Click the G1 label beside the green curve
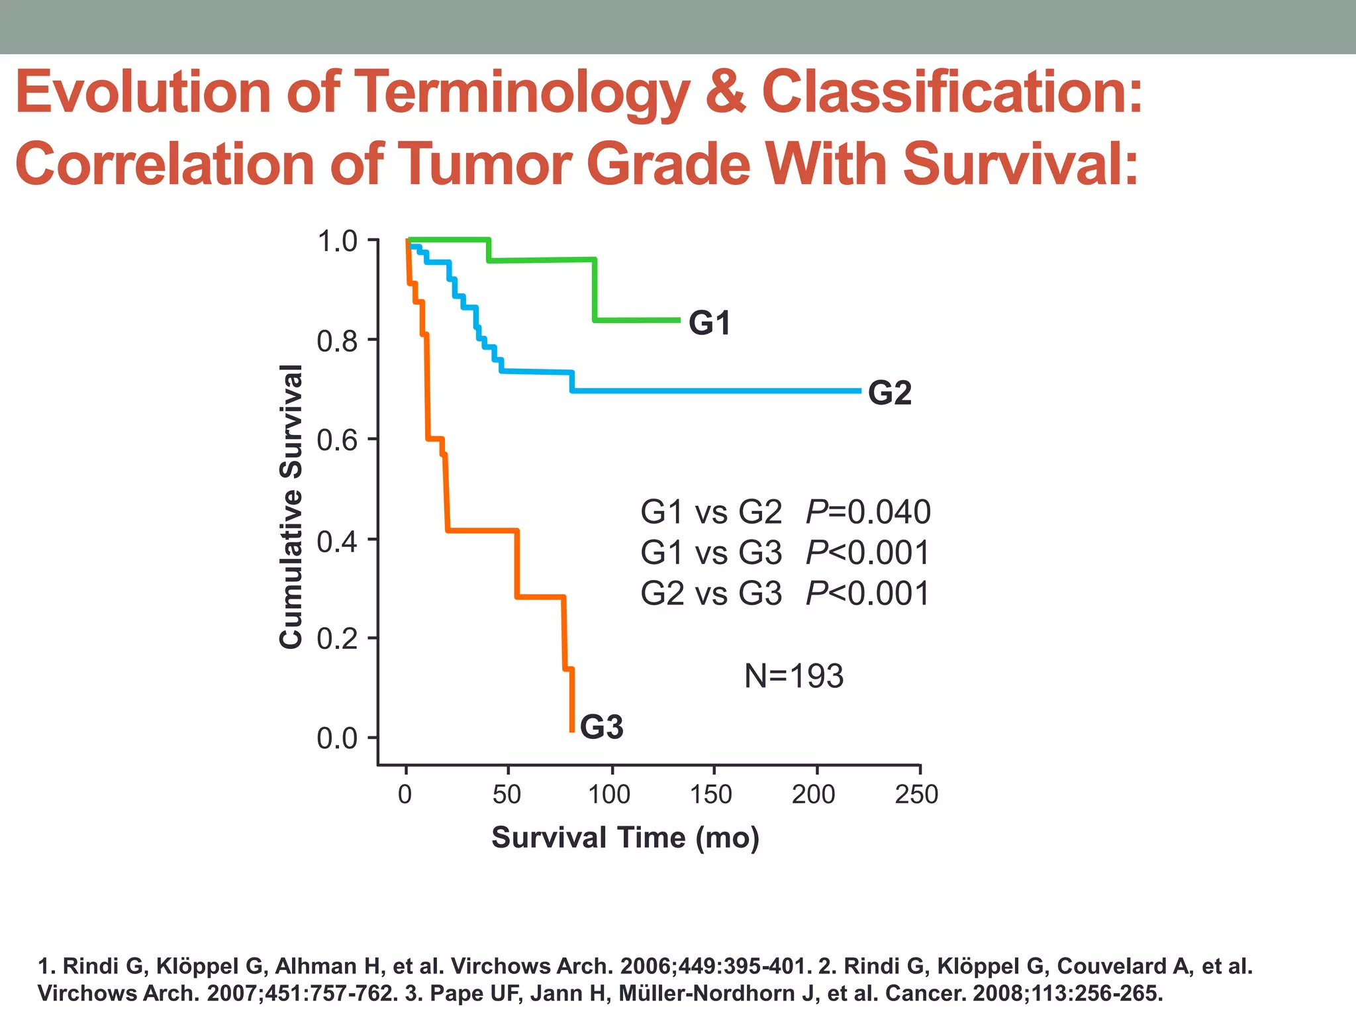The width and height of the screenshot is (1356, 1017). pyautogui.click(x=709, y=323)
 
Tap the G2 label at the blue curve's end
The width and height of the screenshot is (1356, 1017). pyautogui.click(x=889, y=393)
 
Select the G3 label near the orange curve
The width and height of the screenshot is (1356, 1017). pyautogui.click(x=601, y=727)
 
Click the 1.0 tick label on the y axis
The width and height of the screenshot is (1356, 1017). pyautogui.click(x=337, y=242)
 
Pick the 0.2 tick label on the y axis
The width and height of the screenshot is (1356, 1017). pyautogui.click(x=337, y=639)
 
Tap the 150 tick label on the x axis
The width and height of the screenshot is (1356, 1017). pyautogui.click(x=711, y=794)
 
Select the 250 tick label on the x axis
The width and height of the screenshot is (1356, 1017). pyautogui.click(x=916, y=794)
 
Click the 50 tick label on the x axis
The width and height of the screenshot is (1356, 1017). pyautogui.click(x=507, y=794)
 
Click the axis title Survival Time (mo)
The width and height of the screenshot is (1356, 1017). pyautogui.click(x=625, y=838)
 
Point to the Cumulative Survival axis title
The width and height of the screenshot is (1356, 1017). pyautogui.click(x=291, y=507)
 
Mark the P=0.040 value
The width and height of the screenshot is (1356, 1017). pyautogui.click(x=868, y=512)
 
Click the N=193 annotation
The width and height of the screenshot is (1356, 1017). pyautogui.click(x=793, y=676)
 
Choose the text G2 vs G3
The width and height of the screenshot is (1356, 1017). pyautogui.click(x=711, y=593)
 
